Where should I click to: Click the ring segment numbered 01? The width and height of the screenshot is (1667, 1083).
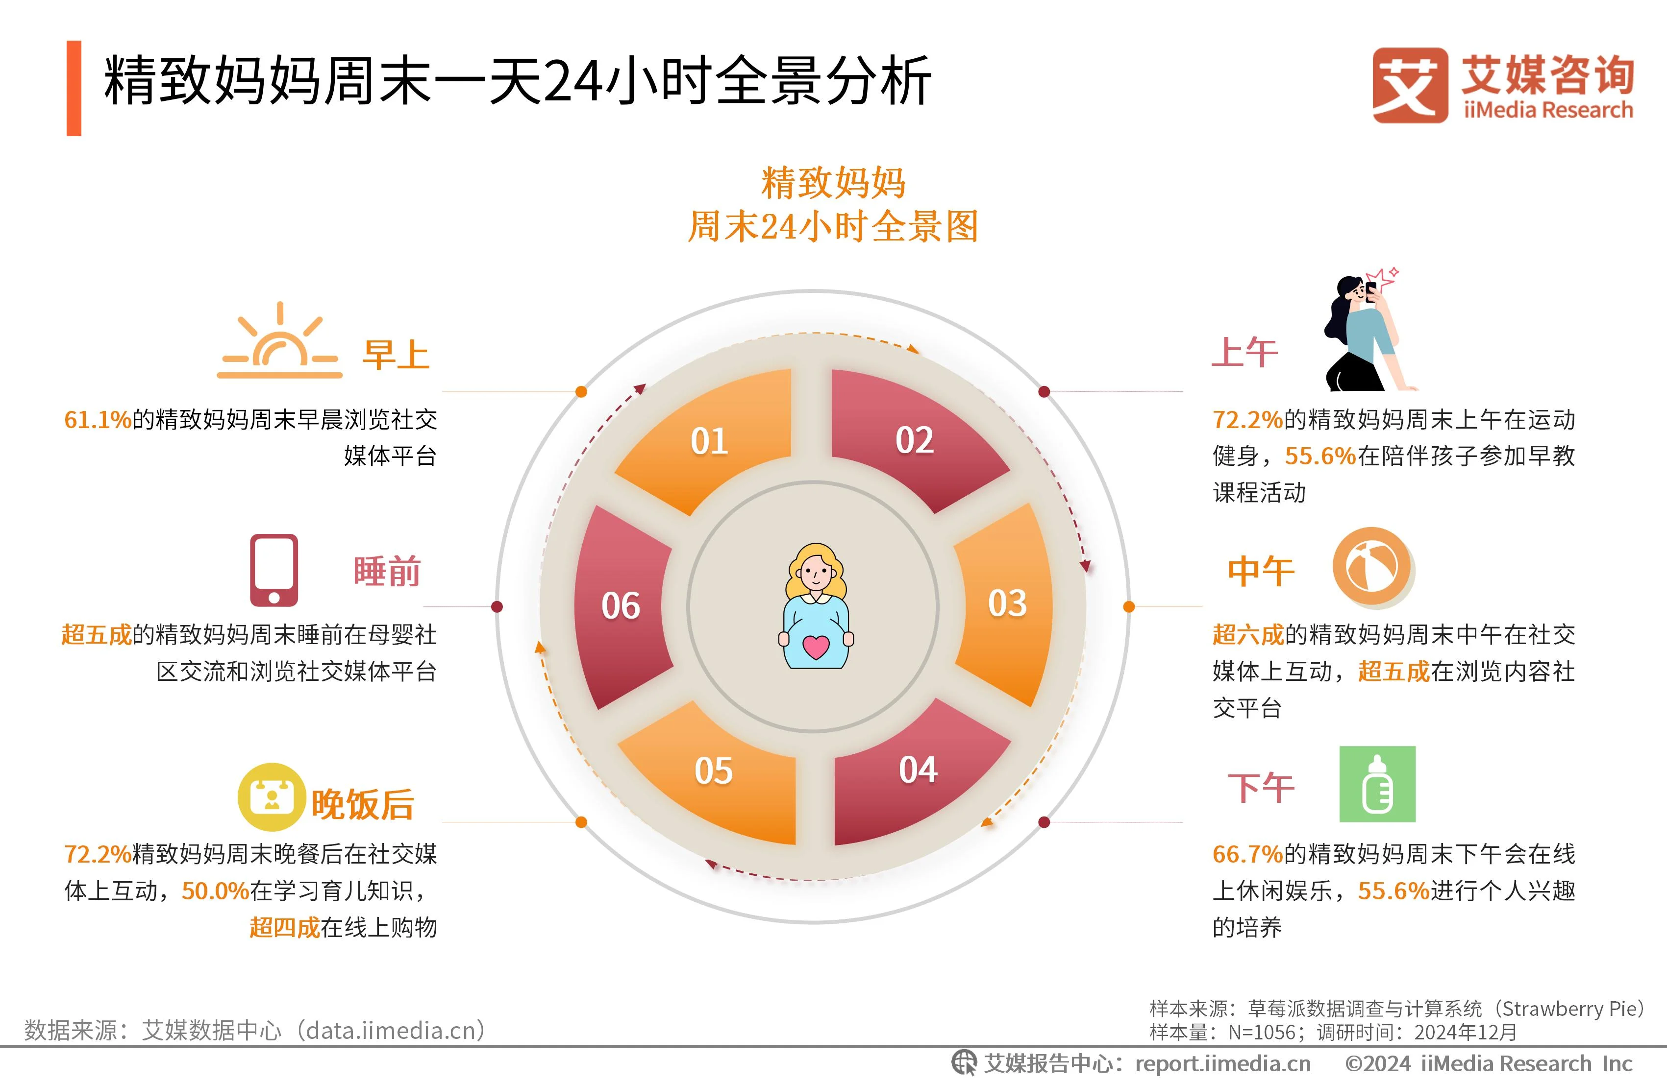pyautogui.click(x=709, y=441)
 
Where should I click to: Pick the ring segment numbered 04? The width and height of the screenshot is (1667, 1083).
pyautogui.click(x=918, y=770)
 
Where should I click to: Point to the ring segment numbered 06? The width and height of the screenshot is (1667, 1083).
pyautogui.click(x=621, y=605)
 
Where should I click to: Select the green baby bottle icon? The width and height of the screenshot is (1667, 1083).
pyautogui.click(x=1377, y=784)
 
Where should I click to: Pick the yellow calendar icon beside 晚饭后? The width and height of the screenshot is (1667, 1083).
pyautogui.click(x=272, y=796)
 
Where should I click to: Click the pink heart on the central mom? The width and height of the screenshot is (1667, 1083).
pyautogui.click(x=816, y=646)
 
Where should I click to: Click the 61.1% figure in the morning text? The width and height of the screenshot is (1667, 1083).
pyautogui.click(x=98, y=420)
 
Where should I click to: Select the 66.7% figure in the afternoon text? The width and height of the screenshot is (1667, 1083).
pyautogui.click(x=1247, y=854)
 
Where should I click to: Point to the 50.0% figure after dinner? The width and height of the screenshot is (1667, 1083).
pyautogui.click(x=215, y=890)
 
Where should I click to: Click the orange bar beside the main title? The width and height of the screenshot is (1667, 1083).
pyautogui.click(x=74, y=88)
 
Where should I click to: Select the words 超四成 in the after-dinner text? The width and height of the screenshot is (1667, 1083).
pyautogui.click(x=284, y=928)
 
